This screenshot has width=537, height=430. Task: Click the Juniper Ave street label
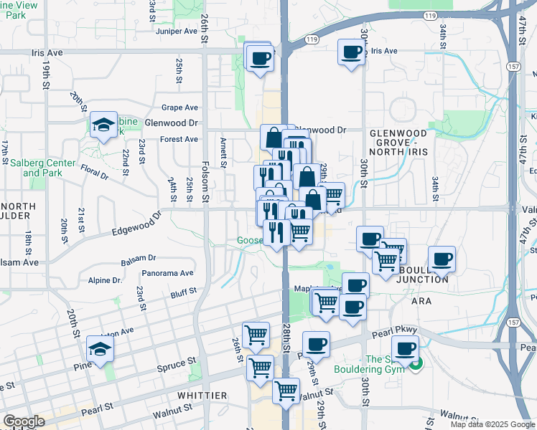click(177, 32)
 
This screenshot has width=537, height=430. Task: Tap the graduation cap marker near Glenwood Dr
click(104, 125)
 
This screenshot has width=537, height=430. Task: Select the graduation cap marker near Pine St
click(100, 349)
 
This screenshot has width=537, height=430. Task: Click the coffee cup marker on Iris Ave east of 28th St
click(352, 52)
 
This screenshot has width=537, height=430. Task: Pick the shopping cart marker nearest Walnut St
click(286, 391)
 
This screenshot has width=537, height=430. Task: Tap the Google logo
click(24, 421)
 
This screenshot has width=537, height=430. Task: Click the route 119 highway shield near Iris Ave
click(312, 39)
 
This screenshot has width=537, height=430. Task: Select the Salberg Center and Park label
click(42, 168)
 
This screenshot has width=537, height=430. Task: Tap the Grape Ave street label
click(179, 107)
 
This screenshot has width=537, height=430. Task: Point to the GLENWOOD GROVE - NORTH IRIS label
click(398, 138)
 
